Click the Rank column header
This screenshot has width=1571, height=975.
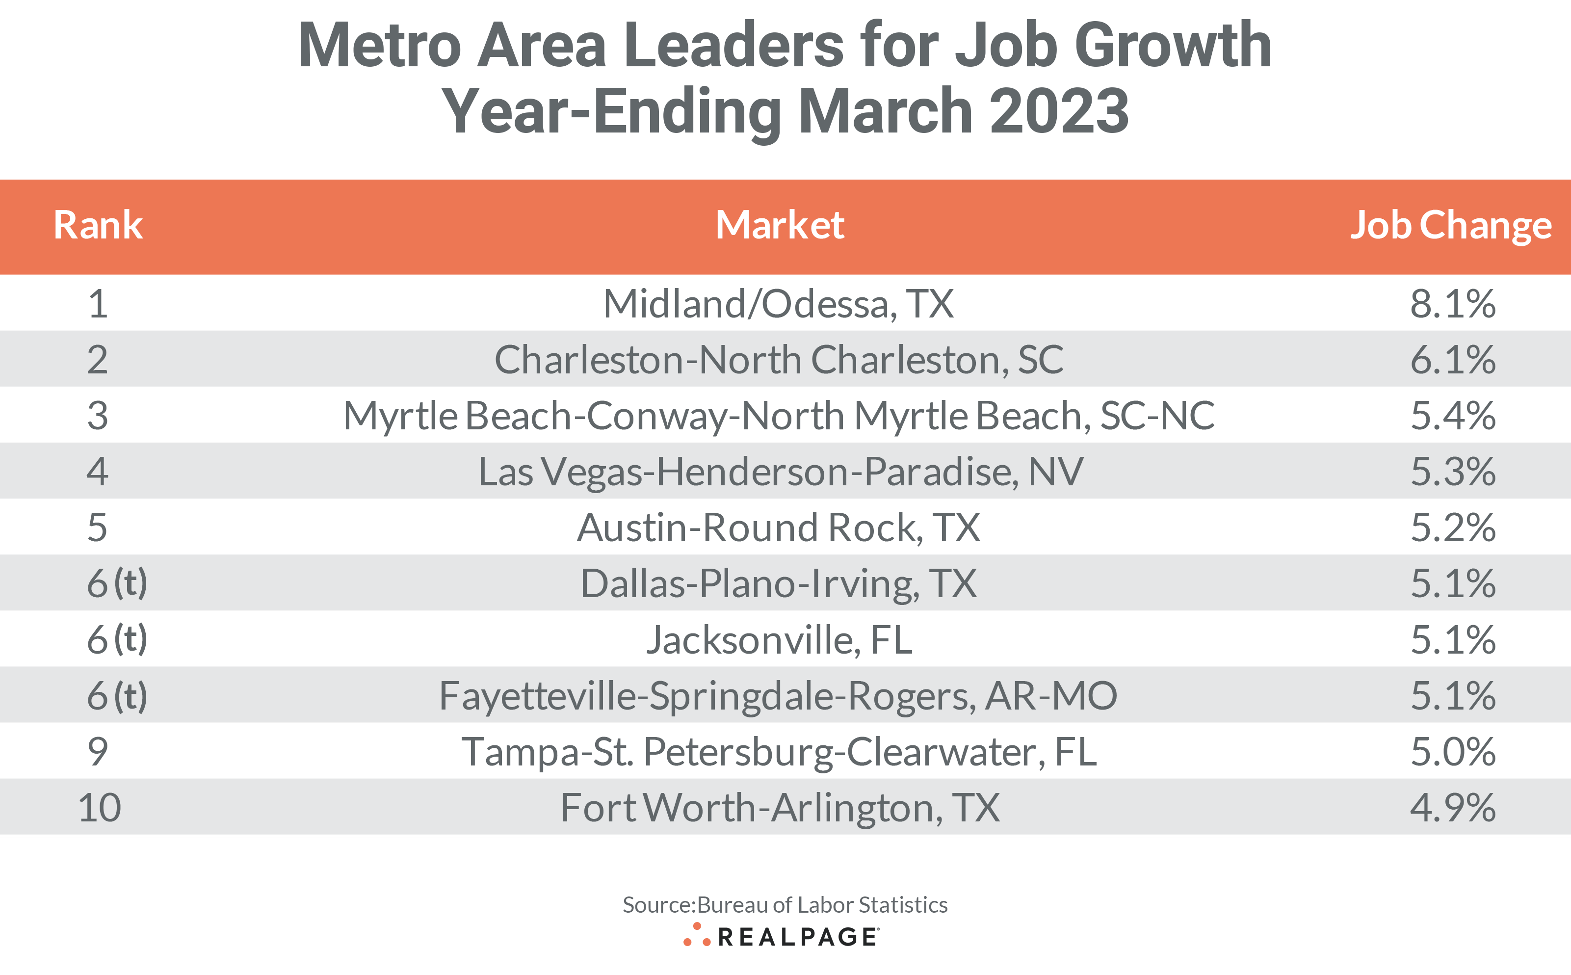(98, 225)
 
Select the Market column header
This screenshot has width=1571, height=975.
(780, 225)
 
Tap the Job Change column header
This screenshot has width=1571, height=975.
(1450, 225)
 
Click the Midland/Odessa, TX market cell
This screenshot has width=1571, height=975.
(778, 303)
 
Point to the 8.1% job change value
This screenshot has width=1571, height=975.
(1452, 303)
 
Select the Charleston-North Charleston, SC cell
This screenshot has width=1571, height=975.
(778, 359)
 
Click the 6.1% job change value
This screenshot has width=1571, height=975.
(1452, 359)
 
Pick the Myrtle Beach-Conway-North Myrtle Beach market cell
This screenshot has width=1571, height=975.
(778, 415)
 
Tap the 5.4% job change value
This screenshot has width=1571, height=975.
(1452, 415)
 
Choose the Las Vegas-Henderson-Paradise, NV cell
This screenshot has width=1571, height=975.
(780, 472)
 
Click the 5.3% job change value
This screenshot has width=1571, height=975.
(1452, 472)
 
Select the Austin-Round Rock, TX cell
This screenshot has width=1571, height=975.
(778, 527)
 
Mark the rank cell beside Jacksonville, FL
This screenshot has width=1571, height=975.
(117, 639)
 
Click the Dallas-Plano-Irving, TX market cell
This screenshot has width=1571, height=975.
(778, 583)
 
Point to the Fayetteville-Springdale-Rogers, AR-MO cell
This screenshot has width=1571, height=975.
(778, 696)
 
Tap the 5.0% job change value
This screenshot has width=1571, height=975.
(1452, 752)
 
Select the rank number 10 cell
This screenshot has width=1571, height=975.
(99, 807)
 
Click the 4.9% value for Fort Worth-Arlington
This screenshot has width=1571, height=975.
(1452, 807)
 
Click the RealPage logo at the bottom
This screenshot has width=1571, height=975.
(781, 936)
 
